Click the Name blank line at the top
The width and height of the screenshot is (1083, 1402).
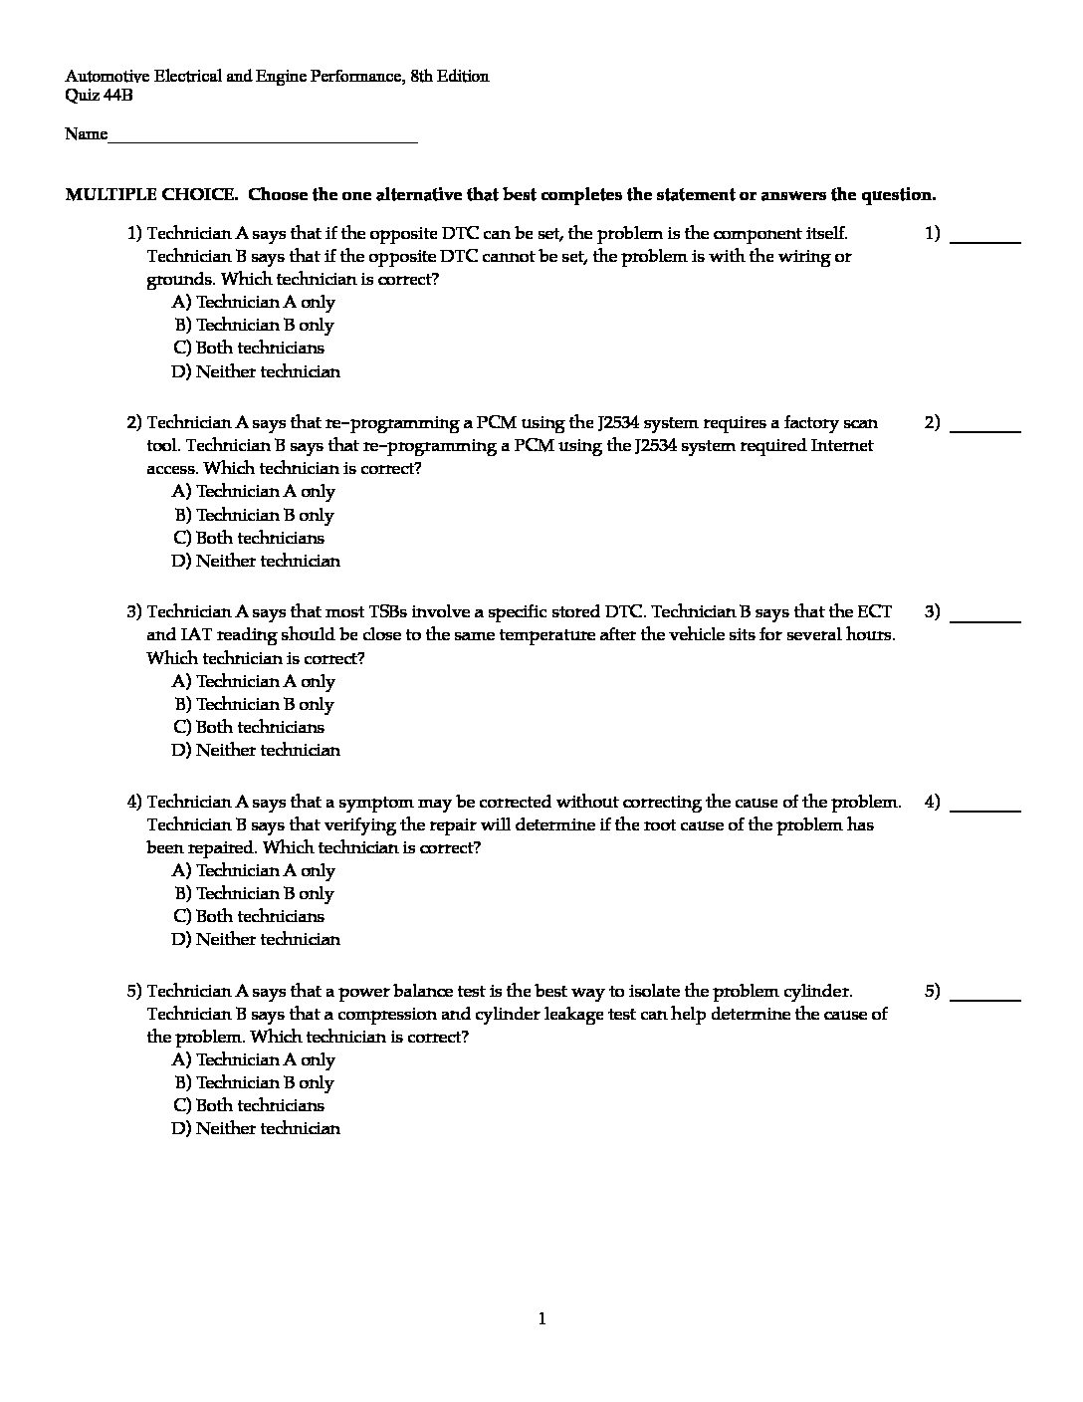pos(263,140)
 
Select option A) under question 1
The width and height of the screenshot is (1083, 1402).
pos(254,302)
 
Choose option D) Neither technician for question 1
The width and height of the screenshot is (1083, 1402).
pos(256,371)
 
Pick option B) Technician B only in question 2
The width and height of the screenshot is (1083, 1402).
pos(254,515)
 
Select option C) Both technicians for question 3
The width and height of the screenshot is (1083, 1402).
pos(249,727)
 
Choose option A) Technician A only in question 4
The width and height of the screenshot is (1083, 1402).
pos(254,870)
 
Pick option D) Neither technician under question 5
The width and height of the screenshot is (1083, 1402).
pos(256,1128)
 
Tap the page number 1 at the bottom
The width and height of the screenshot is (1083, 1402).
pos(541,1319)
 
